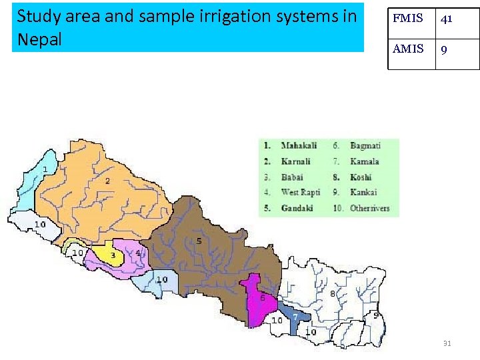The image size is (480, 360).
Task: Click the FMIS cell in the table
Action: coord(408,19)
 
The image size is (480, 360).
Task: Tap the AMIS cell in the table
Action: coord(408,49)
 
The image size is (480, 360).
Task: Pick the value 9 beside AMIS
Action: coord(443,49)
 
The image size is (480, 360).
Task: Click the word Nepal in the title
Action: coord(39,39)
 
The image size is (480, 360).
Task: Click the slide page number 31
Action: coord(447,343)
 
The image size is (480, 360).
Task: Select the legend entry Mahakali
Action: coord(299,145)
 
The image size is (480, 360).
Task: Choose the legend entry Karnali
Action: coord(296,161)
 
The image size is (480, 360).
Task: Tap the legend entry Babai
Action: coord(292,177)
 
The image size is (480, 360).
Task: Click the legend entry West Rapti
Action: coord(301,193)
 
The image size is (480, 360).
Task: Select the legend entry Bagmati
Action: coord(365,145)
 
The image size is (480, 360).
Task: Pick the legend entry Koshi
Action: coord(361,177)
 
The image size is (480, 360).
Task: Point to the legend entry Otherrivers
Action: coord(369,208)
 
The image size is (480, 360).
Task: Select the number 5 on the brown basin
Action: coord(199,241)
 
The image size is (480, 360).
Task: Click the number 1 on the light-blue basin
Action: coord(45,170)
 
